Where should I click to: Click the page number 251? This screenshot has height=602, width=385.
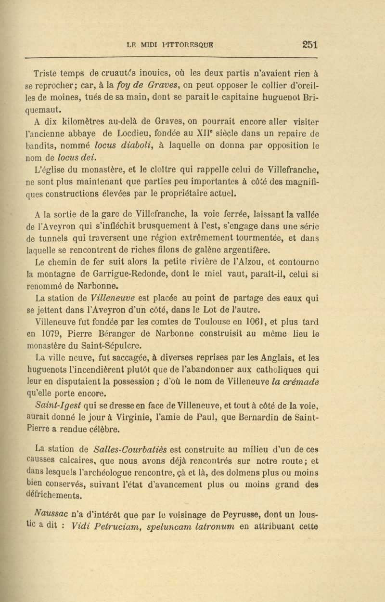pos(309,44)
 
